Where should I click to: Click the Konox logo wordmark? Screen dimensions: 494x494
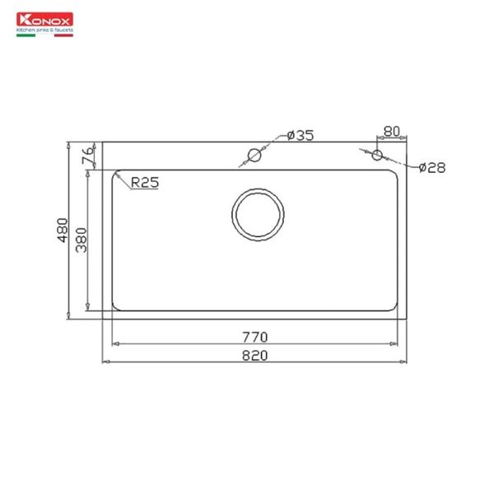43,19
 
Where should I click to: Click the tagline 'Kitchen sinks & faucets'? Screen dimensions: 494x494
45,29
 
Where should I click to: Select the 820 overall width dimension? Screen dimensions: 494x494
254,355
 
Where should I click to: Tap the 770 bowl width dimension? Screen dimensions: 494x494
254,337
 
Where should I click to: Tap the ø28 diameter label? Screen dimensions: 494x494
431,167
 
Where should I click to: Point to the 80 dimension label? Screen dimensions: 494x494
391,130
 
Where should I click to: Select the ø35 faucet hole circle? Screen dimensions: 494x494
255,155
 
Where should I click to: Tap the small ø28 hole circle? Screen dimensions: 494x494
377,155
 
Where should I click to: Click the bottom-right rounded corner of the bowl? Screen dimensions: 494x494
396,307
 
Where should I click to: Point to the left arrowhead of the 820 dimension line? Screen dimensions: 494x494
105,361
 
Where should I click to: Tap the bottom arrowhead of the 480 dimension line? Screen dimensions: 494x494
68,315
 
